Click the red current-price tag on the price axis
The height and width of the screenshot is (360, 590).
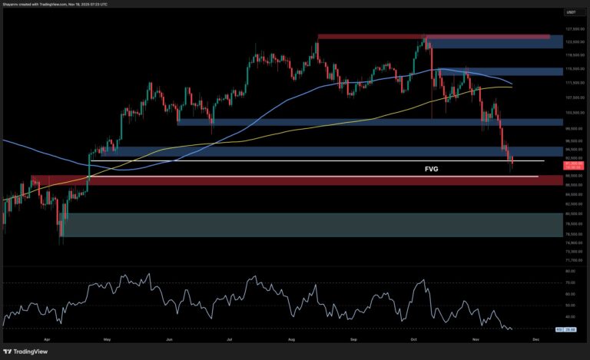pyautogui.click(x=573, y=163)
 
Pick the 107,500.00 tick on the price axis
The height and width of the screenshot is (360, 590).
pyautogui.click(x=573, y=97)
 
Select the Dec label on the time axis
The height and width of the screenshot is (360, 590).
pyautogui.click(x=535, y=338)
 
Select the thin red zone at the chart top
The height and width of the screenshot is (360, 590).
pyautogui.click(x=433, y=36)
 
